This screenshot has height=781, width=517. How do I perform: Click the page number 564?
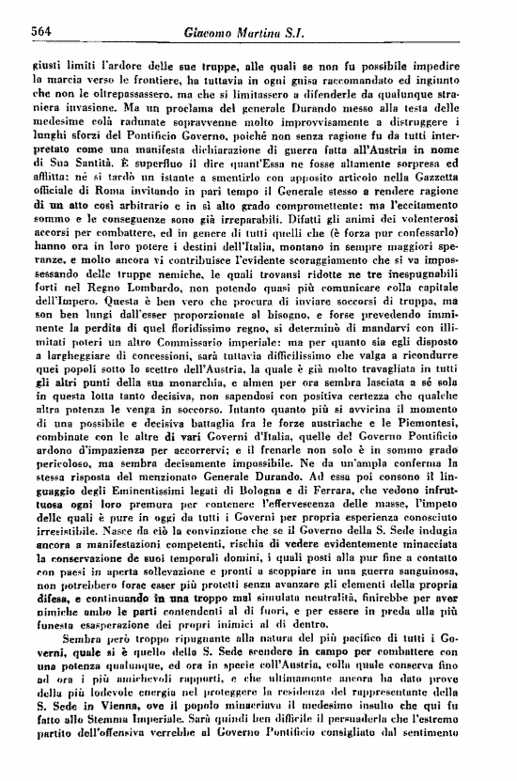(39, 33)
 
